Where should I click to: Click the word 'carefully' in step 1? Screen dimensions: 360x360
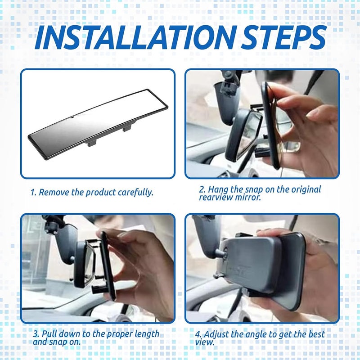click(135, 193)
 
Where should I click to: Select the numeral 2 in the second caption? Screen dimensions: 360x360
click(202, 189)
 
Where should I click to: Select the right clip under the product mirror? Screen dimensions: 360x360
click(127, 128)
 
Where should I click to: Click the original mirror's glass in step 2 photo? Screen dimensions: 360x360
click(249, 135)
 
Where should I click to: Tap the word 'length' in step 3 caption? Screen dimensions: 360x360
click(147, 334)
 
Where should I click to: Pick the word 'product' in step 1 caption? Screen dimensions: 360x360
click(100, 193)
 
